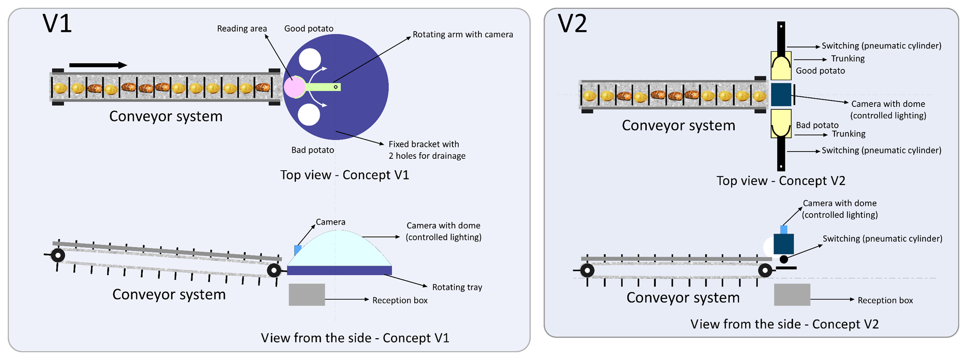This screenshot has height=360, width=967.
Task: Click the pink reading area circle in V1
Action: point(294,87)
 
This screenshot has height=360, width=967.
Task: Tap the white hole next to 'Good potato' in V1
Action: point(310,59)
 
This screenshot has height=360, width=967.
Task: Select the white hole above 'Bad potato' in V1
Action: point(309,115)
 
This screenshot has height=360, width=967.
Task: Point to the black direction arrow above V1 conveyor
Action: point(98,65)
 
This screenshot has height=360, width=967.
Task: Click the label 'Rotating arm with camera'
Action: point(463,35)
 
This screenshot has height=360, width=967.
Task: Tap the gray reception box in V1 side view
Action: point(307,294)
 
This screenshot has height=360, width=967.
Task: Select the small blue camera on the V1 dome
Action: point(298,250)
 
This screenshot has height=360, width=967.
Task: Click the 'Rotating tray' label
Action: point(457,287)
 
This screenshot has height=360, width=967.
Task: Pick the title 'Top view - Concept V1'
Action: point(344,175)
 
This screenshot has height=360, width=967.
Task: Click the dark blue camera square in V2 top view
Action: point(781,95)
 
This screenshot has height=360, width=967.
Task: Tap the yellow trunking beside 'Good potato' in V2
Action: point(781,66)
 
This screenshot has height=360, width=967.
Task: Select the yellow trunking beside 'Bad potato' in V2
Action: point(781,123)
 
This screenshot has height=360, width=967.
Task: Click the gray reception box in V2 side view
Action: point(792,295)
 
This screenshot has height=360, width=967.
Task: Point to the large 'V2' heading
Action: point(572,24)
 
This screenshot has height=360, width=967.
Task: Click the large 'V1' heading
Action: point(57,24)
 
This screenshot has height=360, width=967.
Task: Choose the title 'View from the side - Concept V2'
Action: point(784,324)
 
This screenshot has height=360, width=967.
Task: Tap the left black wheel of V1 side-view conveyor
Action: point(58,255)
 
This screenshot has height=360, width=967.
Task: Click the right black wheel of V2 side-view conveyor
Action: point(765,271)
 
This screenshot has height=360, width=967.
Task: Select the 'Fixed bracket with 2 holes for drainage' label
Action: point(427,150)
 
